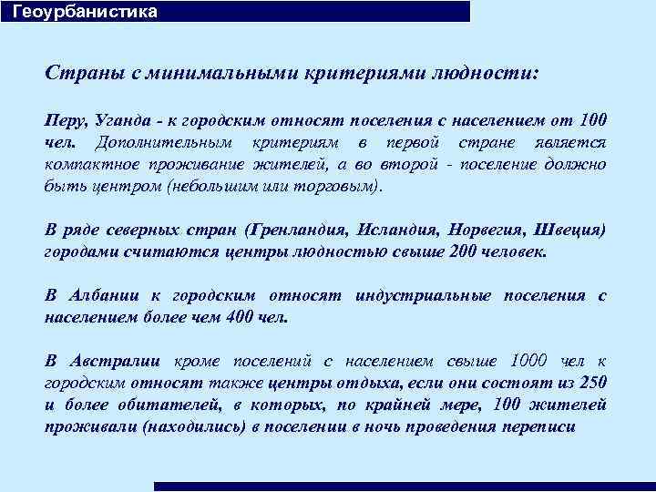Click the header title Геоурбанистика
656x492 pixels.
(x=85, y=12)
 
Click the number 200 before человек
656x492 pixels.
(x=464, y=251)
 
